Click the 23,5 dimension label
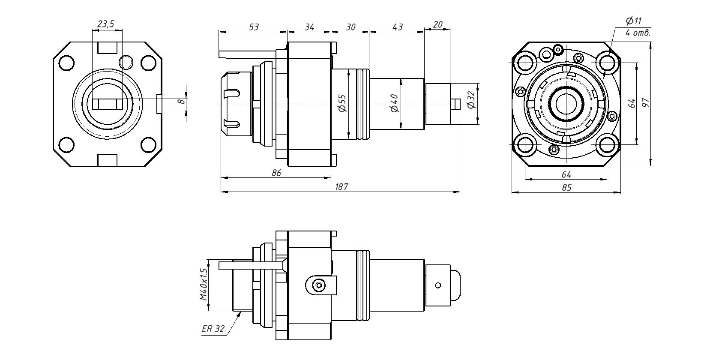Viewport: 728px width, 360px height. pos(106,24)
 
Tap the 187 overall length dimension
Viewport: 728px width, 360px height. pos(341,187)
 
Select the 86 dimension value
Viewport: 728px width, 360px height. pos(276,173)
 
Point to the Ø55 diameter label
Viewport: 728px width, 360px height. pos(342,103)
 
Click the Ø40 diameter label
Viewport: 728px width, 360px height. pos(395,103)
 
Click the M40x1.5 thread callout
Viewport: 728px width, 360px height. pos(204,285)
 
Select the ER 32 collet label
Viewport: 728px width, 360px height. pos(213,329)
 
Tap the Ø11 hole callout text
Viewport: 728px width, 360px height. pos(634,21)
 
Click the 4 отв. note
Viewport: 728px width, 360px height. pos(638,33)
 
